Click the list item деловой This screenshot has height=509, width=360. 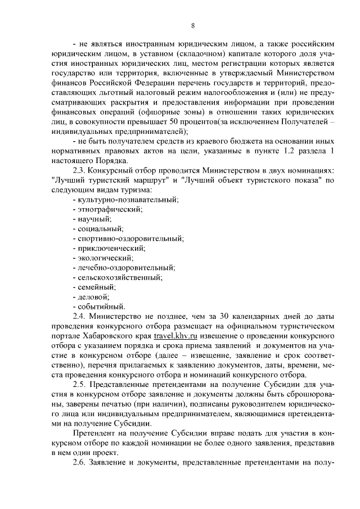[93, 296]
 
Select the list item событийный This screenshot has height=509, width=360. [100, 307]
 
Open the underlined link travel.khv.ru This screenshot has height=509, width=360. [178, 336]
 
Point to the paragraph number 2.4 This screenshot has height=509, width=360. [80, 316]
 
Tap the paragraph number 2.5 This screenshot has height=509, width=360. [80, 385]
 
